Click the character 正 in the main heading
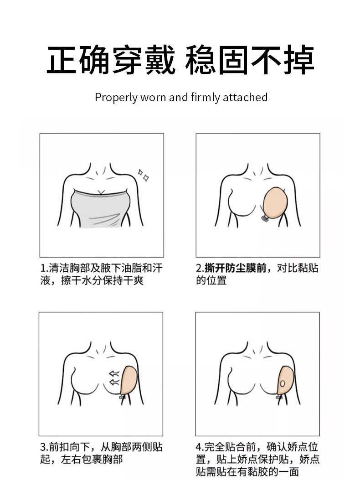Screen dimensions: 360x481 (62, 60)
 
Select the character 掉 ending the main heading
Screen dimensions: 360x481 (298, 60)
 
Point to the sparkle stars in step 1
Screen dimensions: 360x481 (143, 175)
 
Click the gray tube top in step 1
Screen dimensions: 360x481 (101, 209)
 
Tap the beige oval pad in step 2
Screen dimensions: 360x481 (275, 203)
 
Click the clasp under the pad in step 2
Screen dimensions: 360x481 (265, 218)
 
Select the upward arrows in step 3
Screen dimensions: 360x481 (114, 378)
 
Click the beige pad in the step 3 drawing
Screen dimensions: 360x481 (129, 380)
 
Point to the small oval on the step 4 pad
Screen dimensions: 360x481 (283, 383)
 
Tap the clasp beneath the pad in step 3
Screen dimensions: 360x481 (123, 397)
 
